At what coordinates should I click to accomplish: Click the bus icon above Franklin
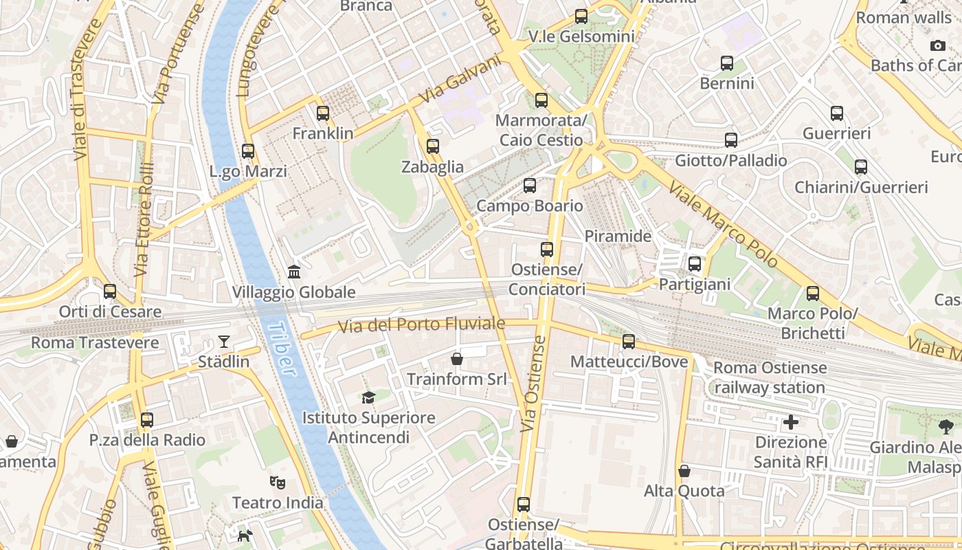point(323,113)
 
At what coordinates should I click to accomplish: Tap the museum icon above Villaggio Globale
point(294,272)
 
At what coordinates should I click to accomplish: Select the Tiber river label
point(282,349)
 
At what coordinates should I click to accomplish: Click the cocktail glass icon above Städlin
point(224,341)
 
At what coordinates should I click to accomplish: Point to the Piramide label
point(617,236)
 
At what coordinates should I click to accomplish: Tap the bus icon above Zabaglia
point(432,146)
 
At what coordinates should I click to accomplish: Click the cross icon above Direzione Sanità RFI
point(791,421)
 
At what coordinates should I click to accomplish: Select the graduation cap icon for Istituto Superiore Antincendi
point(368,397)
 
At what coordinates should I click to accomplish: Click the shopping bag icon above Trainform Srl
point(456,359)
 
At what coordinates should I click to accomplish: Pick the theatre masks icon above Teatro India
point(278,482)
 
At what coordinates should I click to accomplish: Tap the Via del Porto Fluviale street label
point(422,324)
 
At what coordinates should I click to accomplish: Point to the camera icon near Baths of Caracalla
point(937,45)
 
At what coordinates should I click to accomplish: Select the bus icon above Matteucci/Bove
point(628,342)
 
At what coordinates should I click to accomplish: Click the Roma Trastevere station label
point(95,342)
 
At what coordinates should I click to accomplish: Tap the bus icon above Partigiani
point(694,264)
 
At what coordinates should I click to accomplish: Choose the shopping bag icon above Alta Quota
point(684,471)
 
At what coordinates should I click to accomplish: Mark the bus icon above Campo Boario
point(529,186)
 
